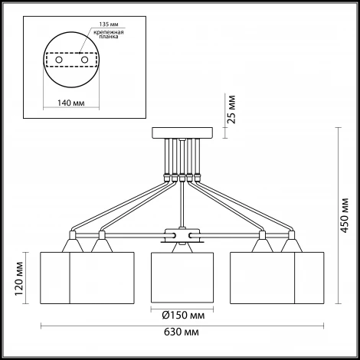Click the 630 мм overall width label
(182, 332)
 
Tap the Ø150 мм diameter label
(183, 316)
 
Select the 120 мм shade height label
(19, 279)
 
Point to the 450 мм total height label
(345, 215)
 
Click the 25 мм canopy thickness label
(231, 110)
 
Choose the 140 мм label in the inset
(71, 103)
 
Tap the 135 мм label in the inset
(109, 25)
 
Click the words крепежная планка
(109, 34)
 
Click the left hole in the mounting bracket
(59, 60)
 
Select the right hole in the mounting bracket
(84, 60)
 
